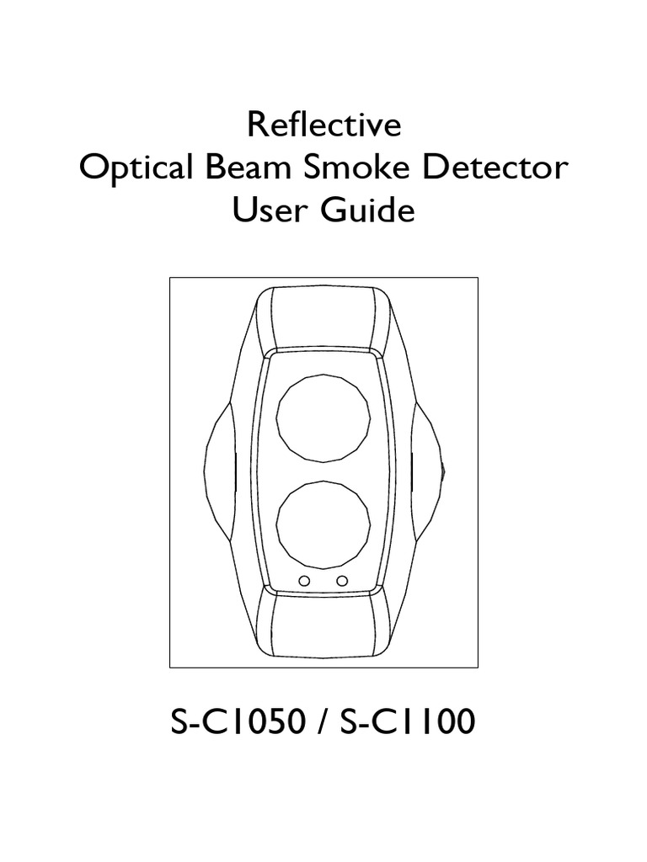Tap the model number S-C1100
pos(407,721)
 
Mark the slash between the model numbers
pos(319,721)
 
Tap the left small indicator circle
pos(305,581)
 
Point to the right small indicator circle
pos(342,581)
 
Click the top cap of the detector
pos(323,317)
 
